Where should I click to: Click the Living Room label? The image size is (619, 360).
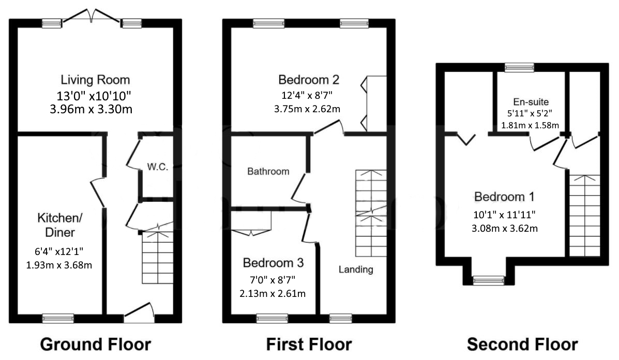95,80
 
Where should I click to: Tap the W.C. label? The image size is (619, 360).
158,167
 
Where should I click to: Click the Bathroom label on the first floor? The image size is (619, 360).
268,171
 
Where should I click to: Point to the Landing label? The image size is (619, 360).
356,269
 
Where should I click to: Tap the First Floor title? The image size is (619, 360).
309,344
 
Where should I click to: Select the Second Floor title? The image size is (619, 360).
522,344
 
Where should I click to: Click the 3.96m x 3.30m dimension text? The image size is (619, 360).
95,109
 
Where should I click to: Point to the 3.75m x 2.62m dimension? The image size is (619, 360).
307,109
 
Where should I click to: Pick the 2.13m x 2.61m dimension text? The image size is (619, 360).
273,294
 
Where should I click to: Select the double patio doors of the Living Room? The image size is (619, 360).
92,17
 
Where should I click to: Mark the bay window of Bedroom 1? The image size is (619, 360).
489,280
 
